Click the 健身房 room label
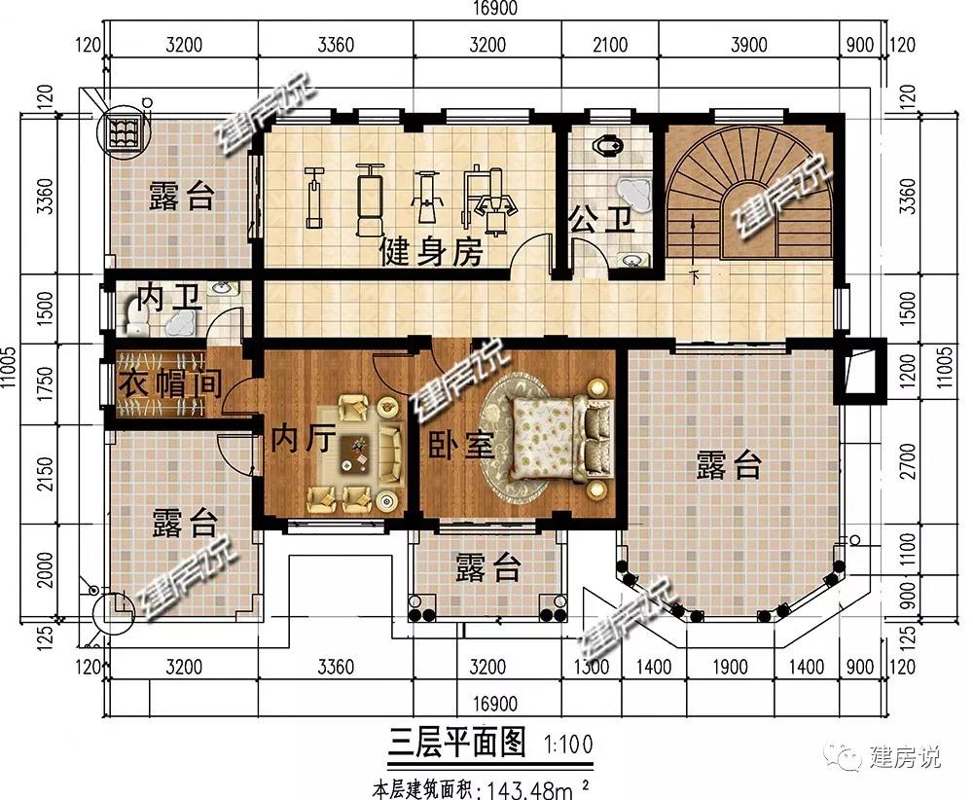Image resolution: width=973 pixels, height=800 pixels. [431, 251]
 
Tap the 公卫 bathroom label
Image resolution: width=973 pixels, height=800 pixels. [600, 219]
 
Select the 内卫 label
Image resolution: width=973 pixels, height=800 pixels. [168, 298]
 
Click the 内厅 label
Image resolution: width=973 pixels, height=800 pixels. [303, 438]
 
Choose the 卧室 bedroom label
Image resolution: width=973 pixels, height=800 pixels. [460, 444]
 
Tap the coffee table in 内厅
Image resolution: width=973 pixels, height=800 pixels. [355, 452]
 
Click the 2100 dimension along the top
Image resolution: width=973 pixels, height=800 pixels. [610, 45]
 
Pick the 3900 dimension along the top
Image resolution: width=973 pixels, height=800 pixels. [749, 45]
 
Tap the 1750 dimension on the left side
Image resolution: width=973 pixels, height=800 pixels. [46, 383]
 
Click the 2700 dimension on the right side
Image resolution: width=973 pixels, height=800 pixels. [907, 461]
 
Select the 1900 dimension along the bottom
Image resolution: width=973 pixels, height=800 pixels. [730, 667]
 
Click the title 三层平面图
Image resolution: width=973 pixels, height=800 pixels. [457, 742]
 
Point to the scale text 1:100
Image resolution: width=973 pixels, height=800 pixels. [568, 744]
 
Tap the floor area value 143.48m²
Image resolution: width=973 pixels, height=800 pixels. [537, 790]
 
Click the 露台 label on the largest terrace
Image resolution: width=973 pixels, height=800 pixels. [729, 465]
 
